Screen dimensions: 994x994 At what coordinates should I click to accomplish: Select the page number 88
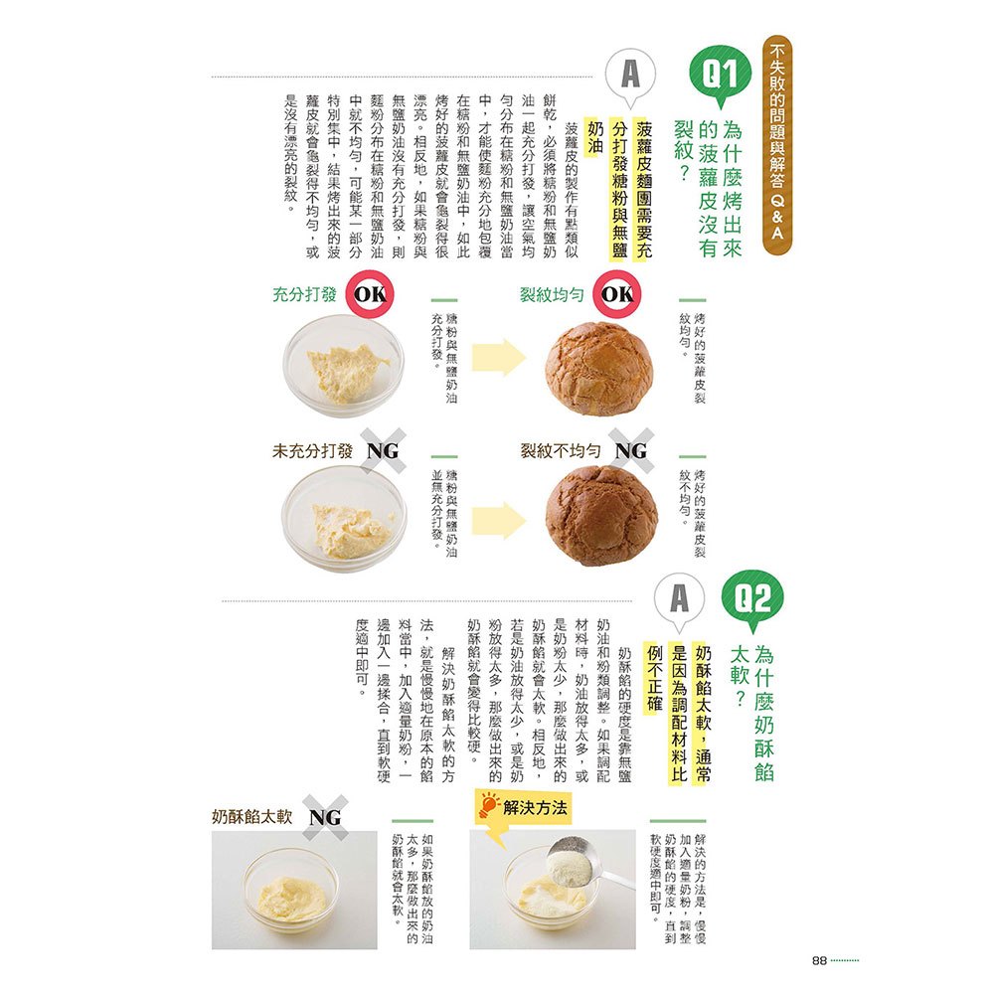[x=820, y=960]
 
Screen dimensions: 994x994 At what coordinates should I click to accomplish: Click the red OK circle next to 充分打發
[x=370, y=295]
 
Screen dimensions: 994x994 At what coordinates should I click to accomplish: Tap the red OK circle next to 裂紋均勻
[x=616, y=295]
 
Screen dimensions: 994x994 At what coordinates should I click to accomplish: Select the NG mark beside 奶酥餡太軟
[x=325, y=817]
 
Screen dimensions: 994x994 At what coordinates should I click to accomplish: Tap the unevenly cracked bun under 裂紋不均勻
[x=600, y=515]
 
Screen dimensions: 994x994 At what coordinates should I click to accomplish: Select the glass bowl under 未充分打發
[x=344, y=518]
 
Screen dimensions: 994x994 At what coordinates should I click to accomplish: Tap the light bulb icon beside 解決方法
[x=488, y=805]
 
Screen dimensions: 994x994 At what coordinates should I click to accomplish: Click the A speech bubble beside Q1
[x=630, y=77]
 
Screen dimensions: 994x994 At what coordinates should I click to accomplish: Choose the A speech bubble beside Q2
[x=679, y=599]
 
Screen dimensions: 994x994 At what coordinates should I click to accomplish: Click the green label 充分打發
[x=304, y=295]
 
